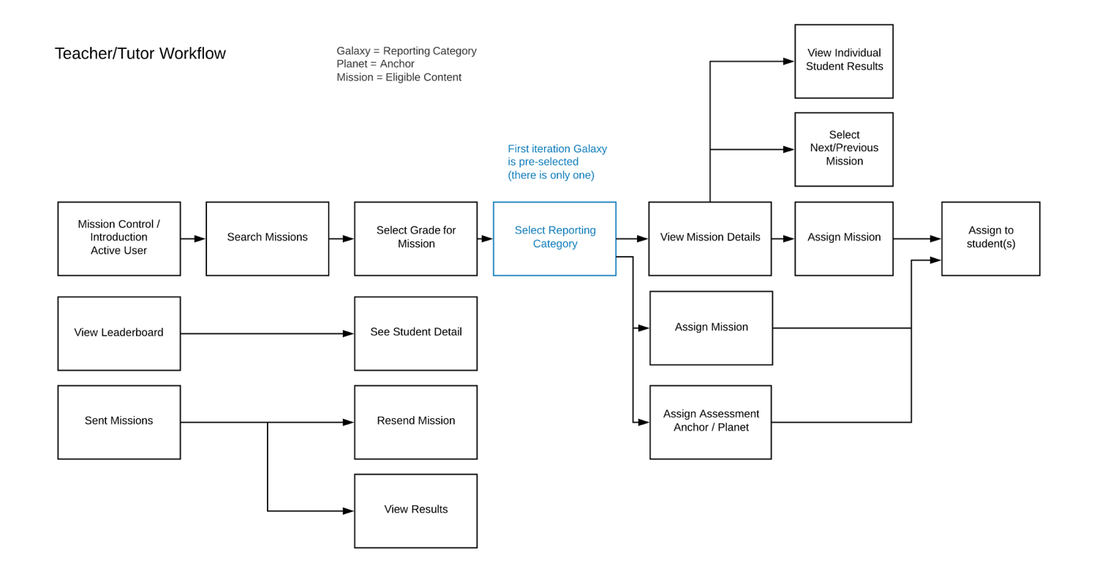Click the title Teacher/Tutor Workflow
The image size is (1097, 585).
coord(140,53)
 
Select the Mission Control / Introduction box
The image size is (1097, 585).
coord(119,238)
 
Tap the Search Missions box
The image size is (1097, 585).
coord(267,238)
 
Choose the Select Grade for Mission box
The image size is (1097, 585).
coord(415,238)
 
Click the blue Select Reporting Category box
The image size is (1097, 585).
coord(554,238)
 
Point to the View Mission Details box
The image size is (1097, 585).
coord(709,238)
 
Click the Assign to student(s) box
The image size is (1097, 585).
coord(990,238)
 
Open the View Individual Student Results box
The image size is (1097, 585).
coord(844,61)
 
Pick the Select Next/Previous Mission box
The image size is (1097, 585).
coord(844,149)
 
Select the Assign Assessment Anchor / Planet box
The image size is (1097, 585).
coord(710,422)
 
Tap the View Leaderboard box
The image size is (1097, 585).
coord(119,333)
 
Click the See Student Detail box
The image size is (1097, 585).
coord(415,333)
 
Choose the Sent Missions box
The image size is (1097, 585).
coord(119,422)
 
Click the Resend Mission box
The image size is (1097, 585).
coord(415,422)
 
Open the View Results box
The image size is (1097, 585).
coord(415,510)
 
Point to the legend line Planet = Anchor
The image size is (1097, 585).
coord(375,64)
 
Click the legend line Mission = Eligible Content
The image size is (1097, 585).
coord(399,78)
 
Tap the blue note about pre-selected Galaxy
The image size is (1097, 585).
coord(557,162)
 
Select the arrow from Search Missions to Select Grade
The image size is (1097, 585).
coord(342,238)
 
